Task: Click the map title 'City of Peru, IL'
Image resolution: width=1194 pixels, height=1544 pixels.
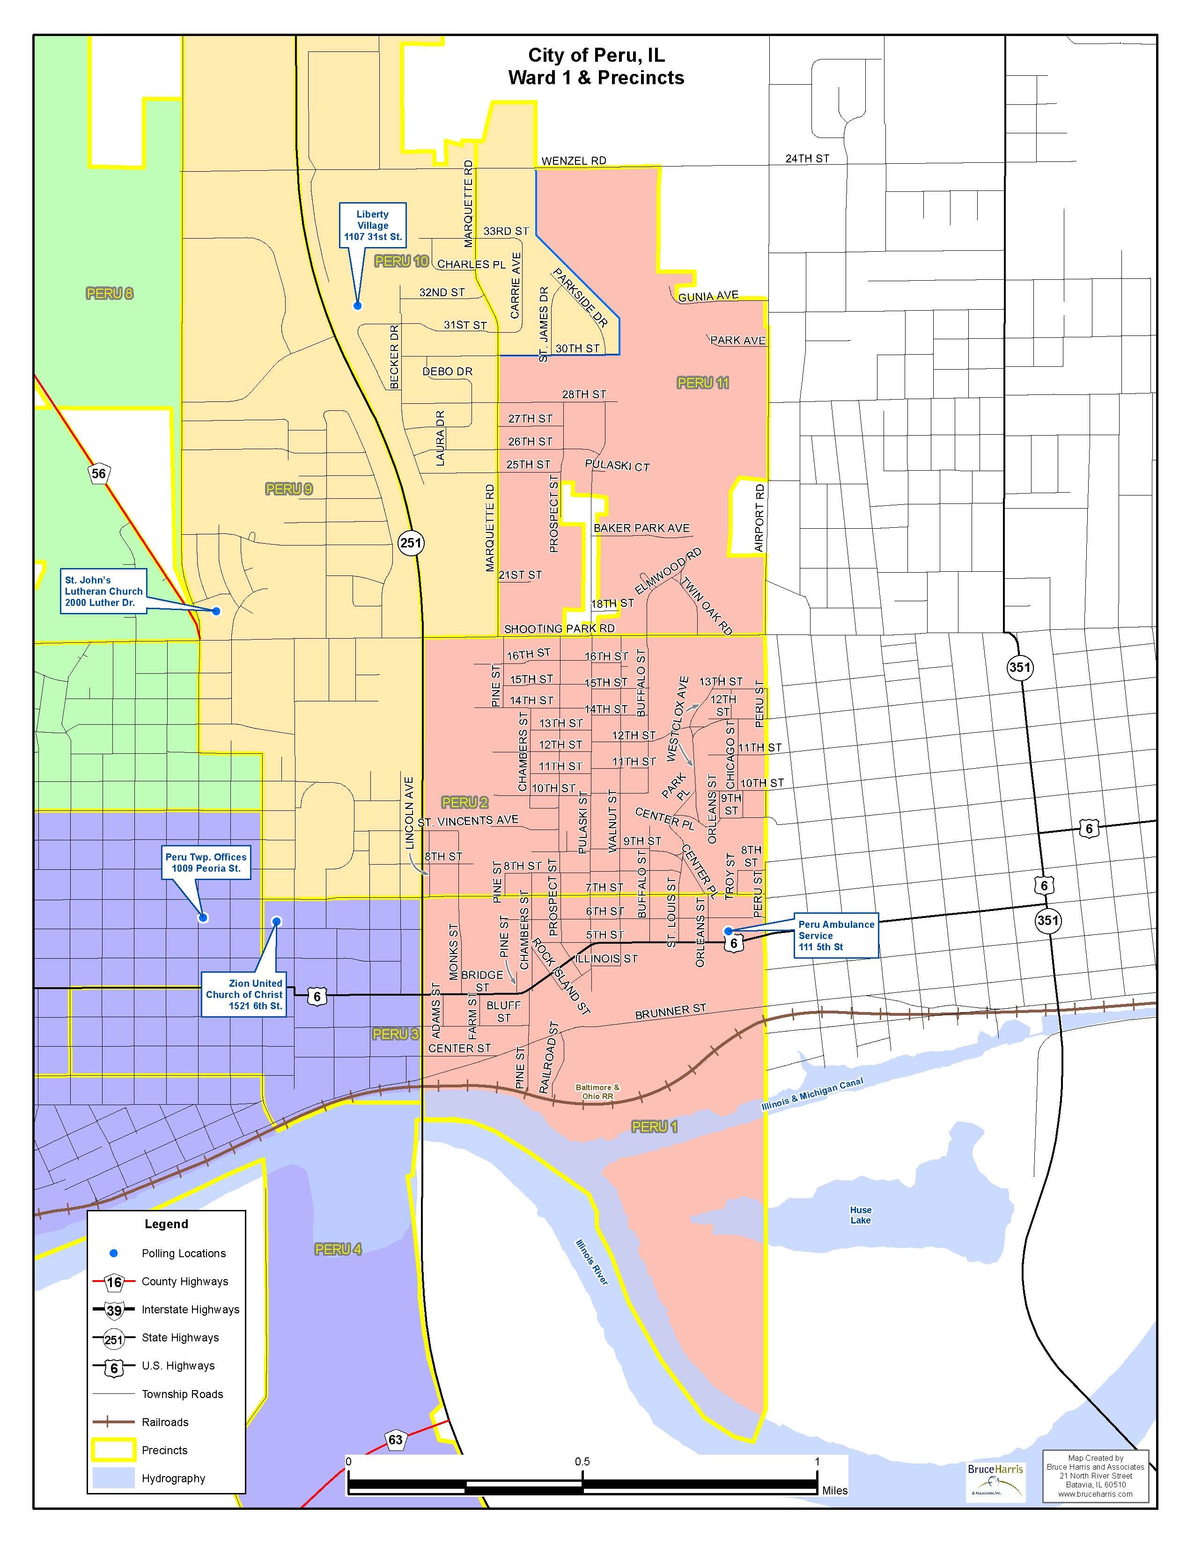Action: tap(596, 55)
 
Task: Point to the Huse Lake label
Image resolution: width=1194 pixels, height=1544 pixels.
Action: tap(860, 1215)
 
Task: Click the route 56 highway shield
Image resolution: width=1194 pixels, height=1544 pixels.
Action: tap(98, 473)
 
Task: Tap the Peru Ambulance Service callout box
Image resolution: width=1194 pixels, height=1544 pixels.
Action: tap(836, 935)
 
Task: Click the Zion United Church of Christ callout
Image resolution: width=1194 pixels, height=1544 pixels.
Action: tap(245, 994)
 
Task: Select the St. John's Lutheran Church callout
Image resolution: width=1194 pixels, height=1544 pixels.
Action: tap(103, 591)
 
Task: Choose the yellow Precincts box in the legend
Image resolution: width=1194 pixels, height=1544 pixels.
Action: tap(113, 1450)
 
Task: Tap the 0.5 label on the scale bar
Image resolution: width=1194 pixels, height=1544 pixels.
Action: tap(582, 1461)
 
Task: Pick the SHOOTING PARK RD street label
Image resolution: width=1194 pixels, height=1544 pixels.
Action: tap(559, 628)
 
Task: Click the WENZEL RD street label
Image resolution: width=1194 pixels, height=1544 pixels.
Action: tap(574, 160)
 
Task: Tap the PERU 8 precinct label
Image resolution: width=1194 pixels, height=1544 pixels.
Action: tap(109, 293)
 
